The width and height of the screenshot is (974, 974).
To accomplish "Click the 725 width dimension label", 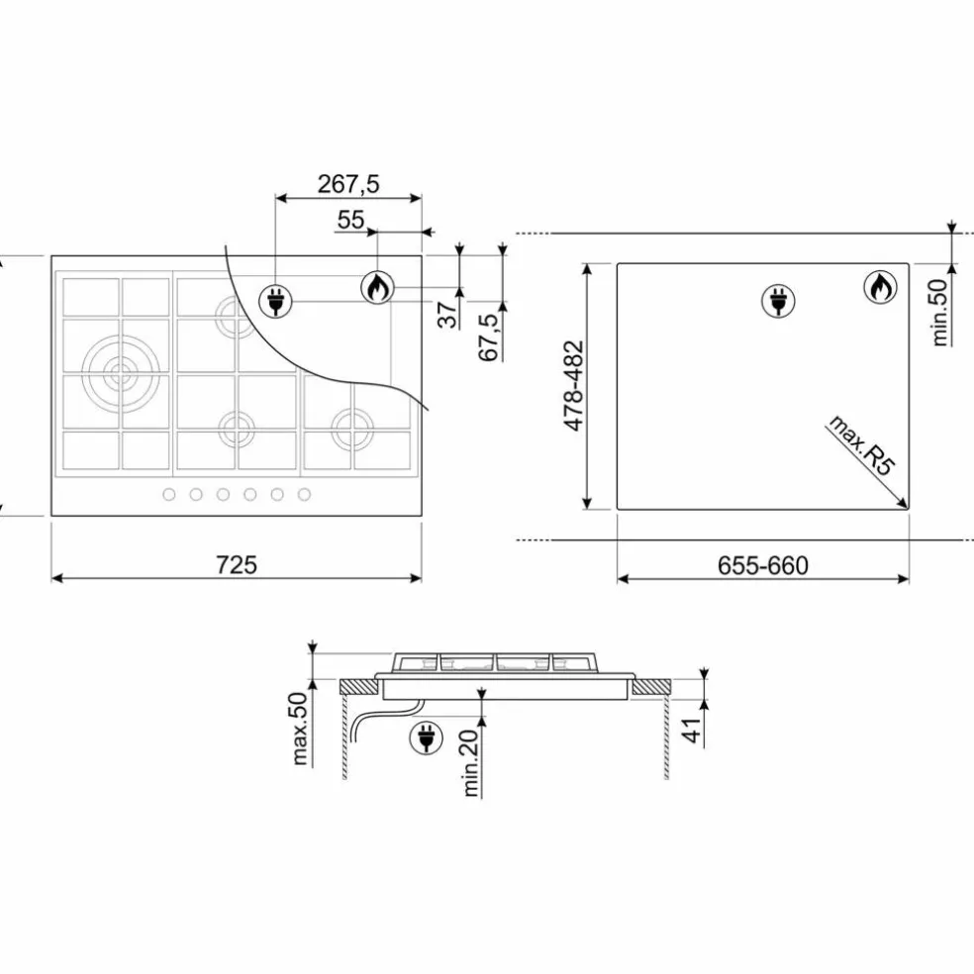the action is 236,564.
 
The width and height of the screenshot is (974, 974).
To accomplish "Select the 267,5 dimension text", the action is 347,184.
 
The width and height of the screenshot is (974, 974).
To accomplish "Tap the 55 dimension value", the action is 350,220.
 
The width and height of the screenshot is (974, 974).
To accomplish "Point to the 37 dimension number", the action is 447,315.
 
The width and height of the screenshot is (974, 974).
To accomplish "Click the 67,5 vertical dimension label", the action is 489,338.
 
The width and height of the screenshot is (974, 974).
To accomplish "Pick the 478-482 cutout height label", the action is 574,385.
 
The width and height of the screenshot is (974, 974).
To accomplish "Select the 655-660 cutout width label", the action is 763,565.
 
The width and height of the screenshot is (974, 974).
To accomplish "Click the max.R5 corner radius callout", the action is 861,445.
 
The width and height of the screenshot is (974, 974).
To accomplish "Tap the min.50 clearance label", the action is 939,313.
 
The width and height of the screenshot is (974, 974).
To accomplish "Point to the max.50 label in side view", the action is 299,728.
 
